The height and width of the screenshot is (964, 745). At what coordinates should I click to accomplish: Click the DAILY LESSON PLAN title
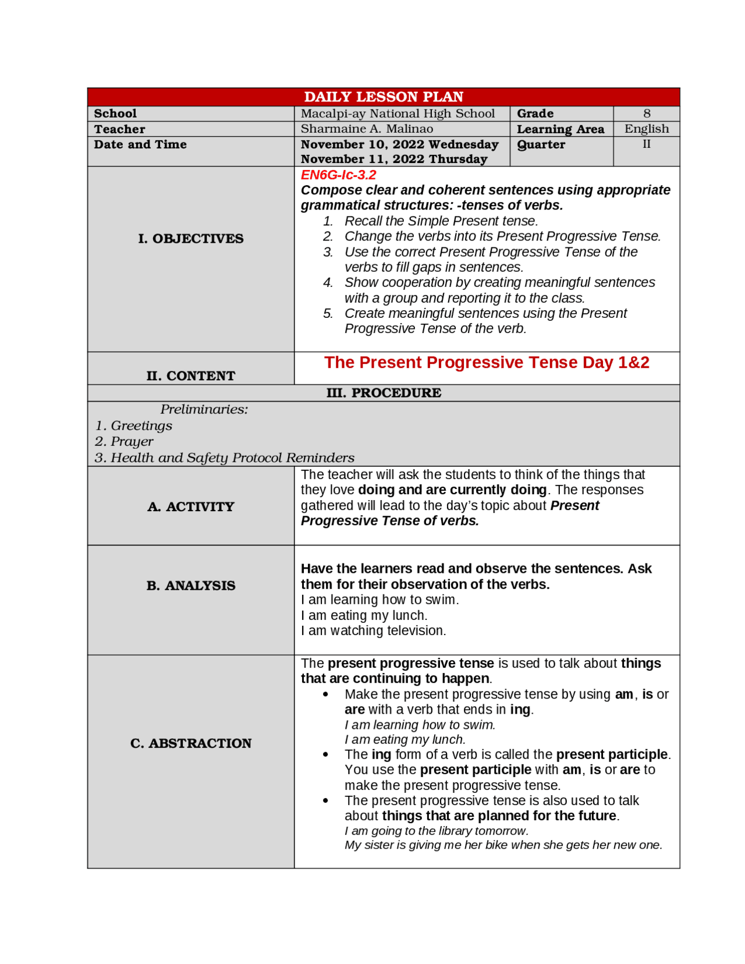tap(383, 97)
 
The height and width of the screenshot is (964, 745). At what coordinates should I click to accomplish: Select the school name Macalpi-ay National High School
tap(398, 114)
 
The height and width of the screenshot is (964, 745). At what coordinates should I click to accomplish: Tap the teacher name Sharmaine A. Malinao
tap(367, 129)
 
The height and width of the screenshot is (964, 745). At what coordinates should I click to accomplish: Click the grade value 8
tap(646, 114)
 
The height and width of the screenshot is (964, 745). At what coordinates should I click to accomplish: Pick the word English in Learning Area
tap(646, 129)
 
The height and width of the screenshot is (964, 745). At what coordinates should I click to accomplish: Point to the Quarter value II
tap(646, 144)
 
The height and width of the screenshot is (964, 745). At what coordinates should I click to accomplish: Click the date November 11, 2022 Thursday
tap(393, 159)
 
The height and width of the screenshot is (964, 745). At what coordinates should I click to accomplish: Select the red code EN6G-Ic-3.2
tap(338, 175)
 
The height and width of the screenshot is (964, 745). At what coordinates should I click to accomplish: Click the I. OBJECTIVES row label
tap(190, 239)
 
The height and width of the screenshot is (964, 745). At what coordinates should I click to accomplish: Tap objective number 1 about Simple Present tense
tap(441, 221)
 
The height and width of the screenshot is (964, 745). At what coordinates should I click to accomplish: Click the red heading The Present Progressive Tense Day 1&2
tap(486, 363)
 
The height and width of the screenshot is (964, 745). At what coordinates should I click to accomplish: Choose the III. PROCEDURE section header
tap(383, 393)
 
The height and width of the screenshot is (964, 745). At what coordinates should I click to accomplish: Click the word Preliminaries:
tap(204, 409)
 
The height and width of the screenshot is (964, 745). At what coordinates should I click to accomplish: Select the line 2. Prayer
tap(124, 441)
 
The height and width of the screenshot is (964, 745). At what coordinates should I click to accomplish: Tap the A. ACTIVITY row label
tap(190, 506)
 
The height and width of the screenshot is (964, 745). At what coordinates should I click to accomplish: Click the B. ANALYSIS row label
tap(190, 586)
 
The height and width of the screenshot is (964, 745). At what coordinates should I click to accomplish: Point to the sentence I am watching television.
tap(373, 630)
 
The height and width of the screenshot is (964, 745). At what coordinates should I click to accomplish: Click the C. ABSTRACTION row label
tap(190, 743)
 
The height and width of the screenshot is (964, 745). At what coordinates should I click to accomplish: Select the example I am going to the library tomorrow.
tap(436, 831)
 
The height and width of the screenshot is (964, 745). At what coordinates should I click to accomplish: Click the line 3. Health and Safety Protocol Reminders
tap(224, 458)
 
